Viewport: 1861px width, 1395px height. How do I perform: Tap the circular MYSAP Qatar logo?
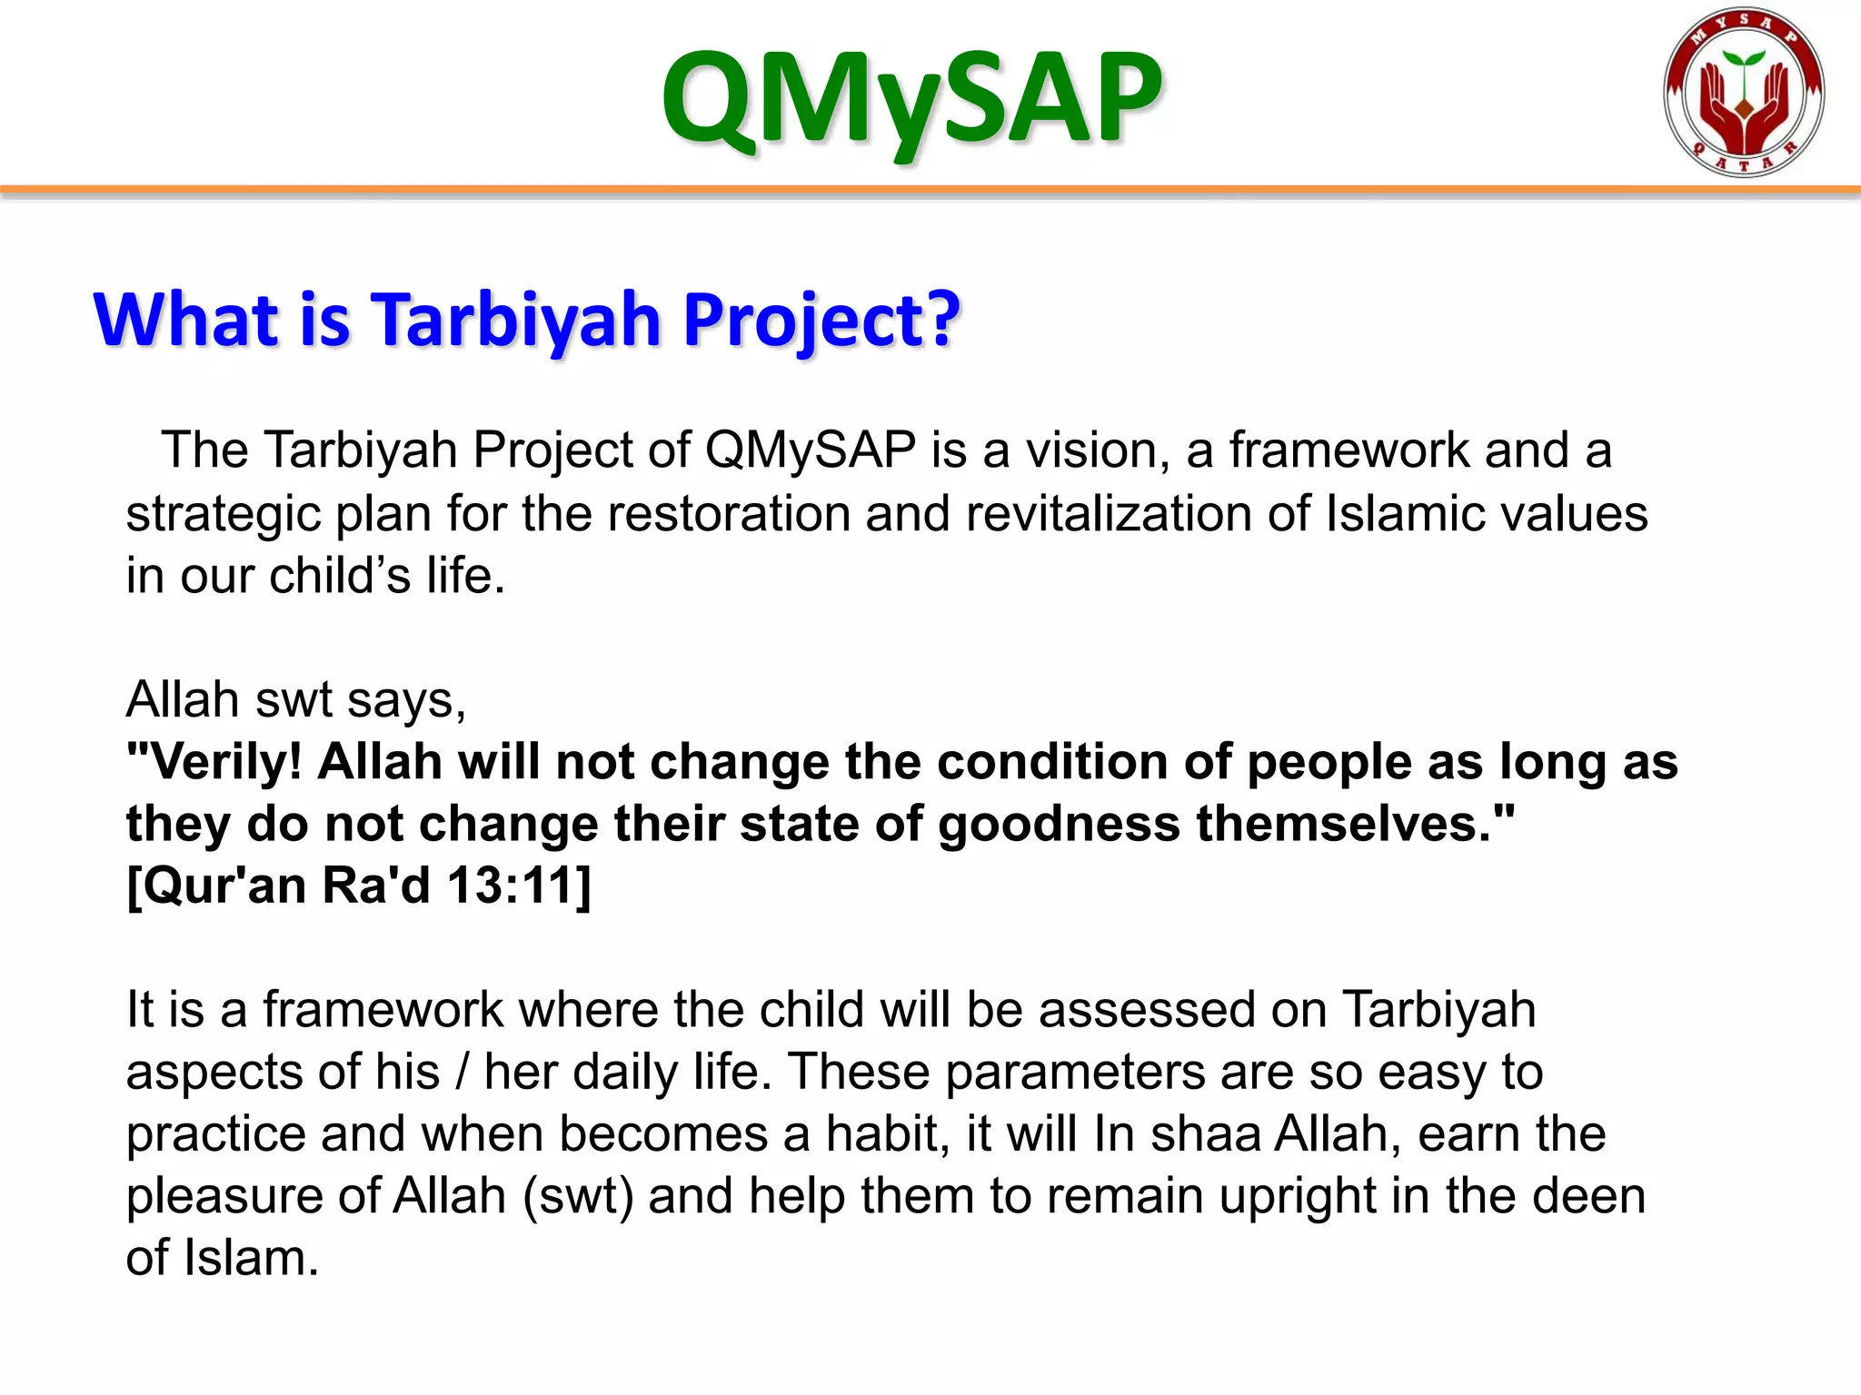point(1744,93)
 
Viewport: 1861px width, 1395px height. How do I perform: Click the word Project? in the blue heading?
point(821,320)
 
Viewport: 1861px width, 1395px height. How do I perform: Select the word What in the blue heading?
point(186,320)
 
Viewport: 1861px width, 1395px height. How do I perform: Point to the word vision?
point(1098,450)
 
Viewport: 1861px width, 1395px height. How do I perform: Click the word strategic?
point(223,515)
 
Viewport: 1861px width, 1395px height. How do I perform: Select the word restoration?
point(728,513)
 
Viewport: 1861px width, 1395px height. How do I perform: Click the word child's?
point(340,576)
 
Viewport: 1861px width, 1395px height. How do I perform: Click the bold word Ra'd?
point(375,885)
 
